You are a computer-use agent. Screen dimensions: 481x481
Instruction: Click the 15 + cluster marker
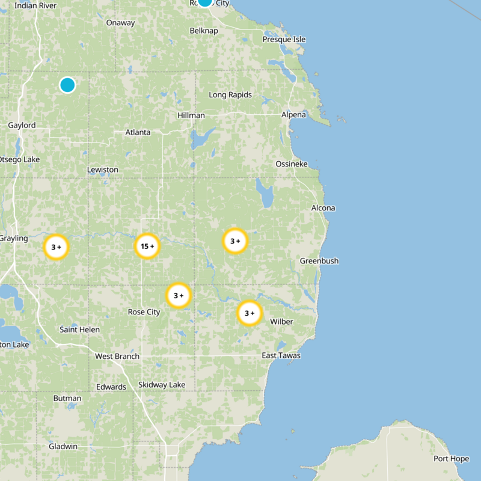pyautogui.click(x=147, y=246)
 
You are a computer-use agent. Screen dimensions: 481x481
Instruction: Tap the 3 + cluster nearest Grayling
pyautogui.click(x=57, y=247)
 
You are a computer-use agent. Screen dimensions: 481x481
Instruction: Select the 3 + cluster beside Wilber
pyautogui.click(x=250, y=313)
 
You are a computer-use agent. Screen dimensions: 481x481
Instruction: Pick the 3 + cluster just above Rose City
pyautogui.click(x=179, y=295)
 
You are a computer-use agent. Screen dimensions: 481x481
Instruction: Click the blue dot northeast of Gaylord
pyautogui.click(x=67, y=85)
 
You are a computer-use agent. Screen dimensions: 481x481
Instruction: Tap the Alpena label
pyautogui.click(x=293, y=114)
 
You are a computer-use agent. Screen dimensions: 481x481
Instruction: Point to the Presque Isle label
pyautogui.click(x=284, y=39)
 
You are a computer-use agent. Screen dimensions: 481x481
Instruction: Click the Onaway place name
pyautogui.click(x=120, y=23)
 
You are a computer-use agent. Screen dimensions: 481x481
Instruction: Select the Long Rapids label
pyautogui.click(x=230, y=94)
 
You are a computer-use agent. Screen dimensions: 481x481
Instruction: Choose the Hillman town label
pyautogui.click(x=191, y=115)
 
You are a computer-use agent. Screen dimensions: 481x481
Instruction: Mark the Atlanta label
pyautogui.click(x=138, y=132)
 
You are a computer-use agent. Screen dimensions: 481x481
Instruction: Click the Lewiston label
pyautogui.click(x=103, y=170)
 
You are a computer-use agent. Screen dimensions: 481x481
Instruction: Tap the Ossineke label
pyautogui.click(x=291, y=164)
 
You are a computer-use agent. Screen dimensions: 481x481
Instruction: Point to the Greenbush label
pyautogui.click(x=319, y=260)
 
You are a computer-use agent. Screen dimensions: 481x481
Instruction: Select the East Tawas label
pyautogui.click(x=281, y=355)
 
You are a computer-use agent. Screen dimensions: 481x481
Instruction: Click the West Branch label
pyautogui.click(x=117, y=356)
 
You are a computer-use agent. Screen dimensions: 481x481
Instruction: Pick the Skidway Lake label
pyautogui.click(x=162, y=384)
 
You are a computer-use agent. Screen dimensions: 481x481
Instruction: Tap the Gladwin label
pyautogui.click(x=63, y=446)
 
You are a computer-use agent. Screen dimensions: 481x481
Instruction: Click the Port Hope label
pyautogui.click(x=451, y=459)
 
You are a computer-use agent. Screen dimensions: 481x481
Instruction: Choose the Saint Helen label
pyautogui.click(x=79, y=329)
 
